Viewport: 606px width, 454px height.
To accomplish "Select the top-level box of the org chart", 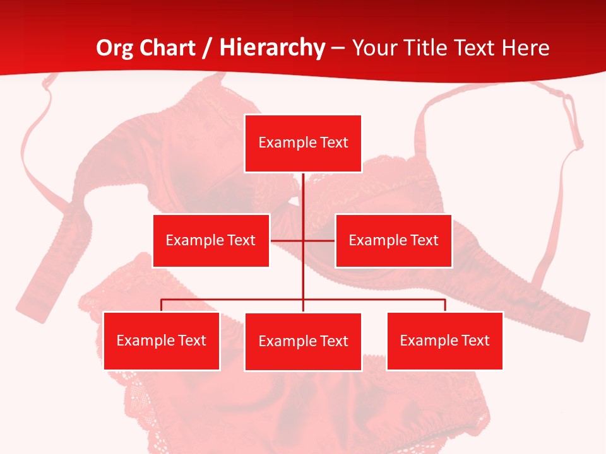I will click(303, 143).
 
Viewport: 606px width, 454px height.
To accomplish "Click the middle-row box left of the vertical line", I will click(211, 240).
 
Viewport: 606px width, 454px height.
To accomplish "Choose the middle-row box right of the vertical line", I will click(393, 240).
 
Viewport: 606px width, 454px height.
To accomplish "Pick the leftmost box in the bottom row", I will click(162, 340).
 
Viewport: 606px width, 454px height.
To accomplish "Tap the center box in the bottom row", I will click(303, 341).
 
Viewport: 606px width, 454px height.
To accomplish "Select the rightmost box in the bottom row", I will click(444, 340).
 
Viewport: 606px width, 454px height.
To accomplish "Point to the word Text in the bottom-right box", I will click(475, 340).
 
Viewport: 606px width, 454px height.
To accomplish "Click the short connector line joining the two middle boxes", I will click(287, 240).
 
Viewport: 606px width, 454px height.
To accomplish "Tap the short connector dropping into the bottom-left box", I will click(162, 305).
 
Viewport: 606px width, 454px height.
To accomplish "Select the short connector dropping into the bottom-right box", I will click(445, 305).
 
